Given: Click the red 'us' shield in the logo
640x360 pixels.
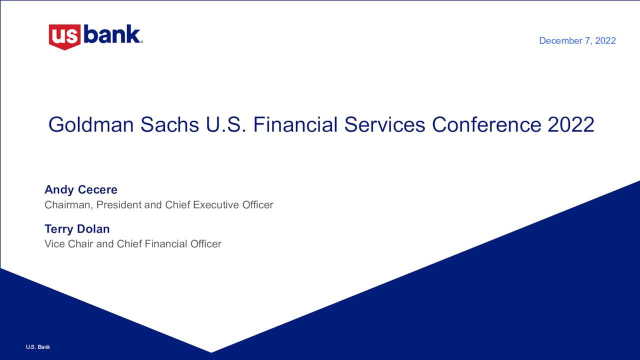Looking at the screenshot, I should pyautogui.click(x=64, y=36).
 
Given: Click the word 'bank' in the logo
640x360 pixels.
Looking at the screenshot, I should pyautogui.click(x=112, y=34).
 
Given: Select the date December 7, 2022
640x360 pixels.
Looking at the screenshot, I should pyautogui.click(x=577, y=41).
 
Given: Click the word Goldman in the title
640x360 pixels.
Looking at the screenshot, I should pyautogui.click(x=91, y=125).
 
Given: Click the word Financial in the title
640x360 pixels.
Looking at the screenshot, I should pyautogui.click(x=295, y=125).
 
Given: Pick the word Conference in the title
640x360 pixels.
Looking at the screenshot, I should pyautogui.click(x=486, y=125).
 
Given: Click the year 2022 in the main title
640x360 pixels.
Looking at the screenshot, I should pyautogui.click(x=570, y=125).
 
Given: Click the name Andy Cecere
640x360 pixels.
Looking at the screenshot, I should pyautogui.click(x=81, y=190).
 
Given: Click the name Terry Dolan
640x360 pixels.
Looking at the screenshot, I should pyautogui.click(x=77, y=229).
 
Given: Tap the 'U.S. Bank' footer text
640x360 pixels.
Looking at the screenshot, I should pyautogui.click(x=38, y=347).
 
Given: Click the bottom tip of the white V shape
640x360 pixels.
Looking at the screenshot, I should pyautogui.click(x=211, y=351).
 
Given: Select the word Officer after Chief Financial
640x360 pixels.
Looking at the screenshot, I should pyautogui.click(x=205, y=244).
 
